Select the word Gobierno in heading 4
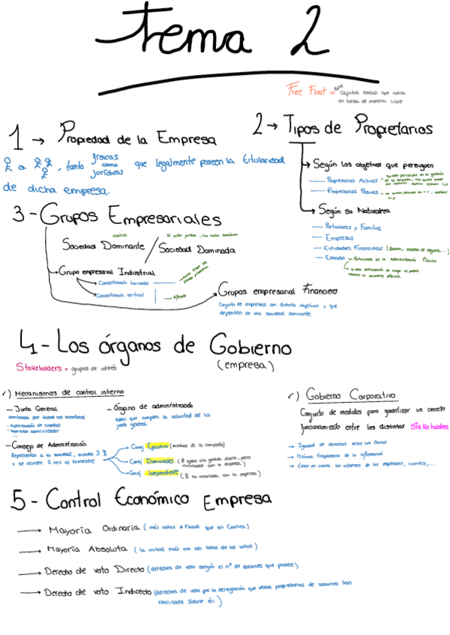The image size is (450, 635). tap(243, 346)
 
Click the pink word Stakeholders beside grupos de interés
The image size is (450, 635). tap(38, 368)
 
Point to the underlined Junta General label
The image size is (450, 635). tap(42, 409)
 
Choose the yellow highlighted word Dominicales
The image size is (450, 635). tap(160, 459)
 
